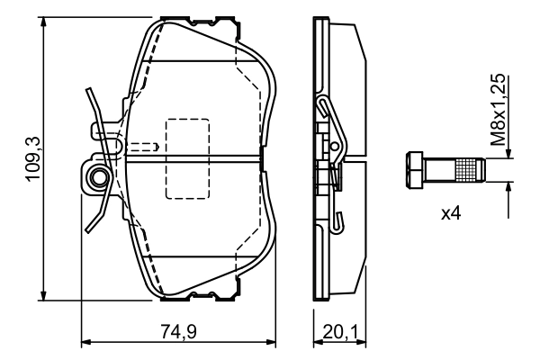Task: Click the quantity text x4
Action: point(452,215)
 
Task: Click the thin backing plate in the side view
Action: point(319,158)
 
